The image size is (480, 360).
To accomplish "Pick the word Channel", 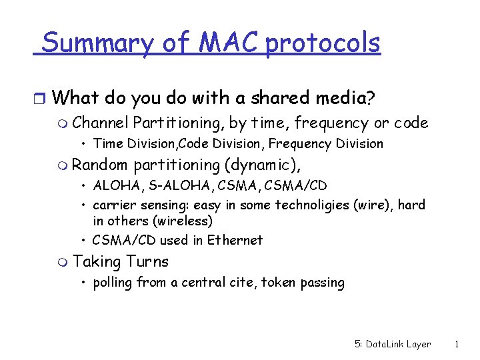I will (x=101, y=123).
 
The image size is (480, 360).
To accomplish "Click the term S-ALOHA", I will (x=168, y=185).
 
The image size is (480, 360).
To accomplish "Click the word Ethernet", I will (x=235, y=240).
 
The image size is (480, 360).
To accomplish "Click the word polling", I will (x=113, y=283).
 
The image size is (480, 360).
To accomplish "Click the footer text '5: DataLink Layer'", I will (x=393, y=345).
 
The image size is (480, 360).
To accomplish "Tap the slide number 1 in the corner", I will (x=457, y=345).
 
